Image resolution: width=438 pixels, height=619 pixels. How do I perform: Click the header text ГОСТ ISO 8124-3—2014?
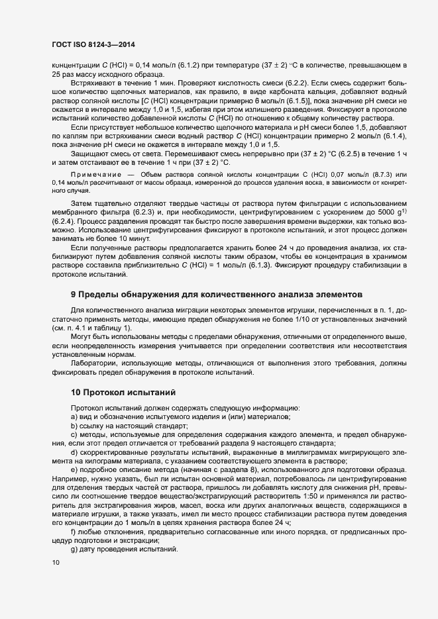click(x=84, y=43)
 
